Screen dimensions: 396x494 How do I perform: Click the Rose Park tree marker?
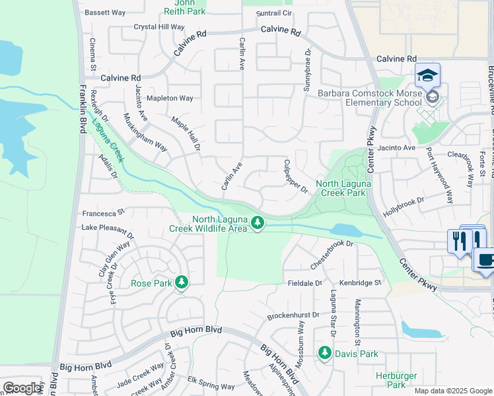tap(182, 283)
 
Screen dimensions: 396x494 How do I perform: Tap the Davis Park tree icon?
tap(324, 354)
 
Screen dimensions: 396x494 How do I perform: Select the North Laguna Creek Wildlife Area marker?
tap(258, 225)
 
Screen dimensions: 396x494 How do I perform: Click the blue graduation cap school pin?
tap(427, 75)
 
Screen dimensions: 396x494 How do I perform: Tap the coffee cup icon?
tap(485, 259)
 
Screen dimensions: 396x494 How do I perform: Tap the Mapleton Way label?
tap(170, 98)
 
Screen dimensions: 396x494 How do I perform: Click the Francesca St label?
tap(103, 213)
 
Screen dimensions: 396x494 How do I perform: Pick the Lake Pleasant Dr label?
tap(108, 227)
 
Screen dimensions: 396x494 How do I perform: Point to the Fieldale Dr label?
tap(304, 282)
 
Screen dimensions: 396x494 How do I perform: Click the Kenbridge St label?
tap(361, 282)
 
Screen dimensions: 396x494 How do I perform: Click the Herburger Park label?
tap(396, 380)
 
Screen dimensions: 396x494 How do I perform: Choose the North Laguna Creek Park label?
tap(341, 189)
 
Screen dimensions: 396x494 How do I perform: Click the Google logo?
tap(22, 388)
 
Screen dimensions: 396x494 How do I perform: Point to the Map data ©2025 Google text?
tap(452, 391)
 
